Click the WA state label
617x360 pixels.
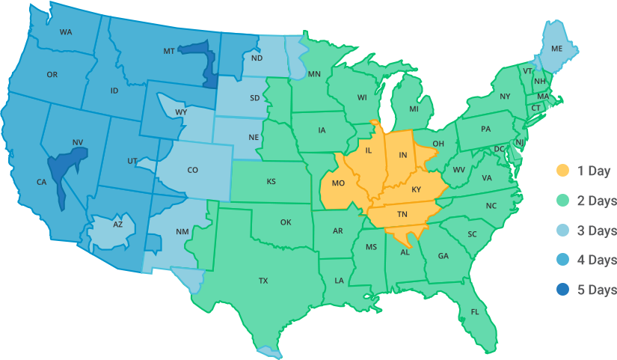coord(66,32)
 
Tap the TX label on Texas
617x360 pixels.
coord(263,281)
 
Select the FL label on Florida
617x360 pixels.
coord(475,312)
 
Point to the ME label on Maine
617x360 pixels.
coord(556,49)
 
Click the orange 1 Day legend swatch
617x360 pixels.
coord(563,171)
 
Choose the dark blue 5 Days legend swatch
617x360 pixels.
coord(563,290)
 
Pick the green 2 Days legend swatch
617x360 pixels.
coord(563,201)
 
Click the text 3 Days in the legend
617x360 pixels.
coord(597,231)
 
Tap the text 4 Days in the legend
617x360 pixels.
coord(597,260)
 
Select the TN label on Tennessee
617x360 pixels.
coord(402,215)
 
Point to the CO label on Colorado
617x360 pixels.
coord(193,170)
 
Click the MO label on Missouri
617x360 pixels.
coord(338,183)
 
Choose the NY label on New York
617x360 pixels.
coord(505,97)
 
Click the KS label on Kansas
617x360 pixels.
coord(271,182)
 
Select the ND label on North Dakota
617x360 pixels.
coord(257,58)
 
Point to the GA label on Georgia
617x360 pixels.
coord(443,256)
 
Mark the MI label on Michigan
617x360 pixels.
coord(414,109)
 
